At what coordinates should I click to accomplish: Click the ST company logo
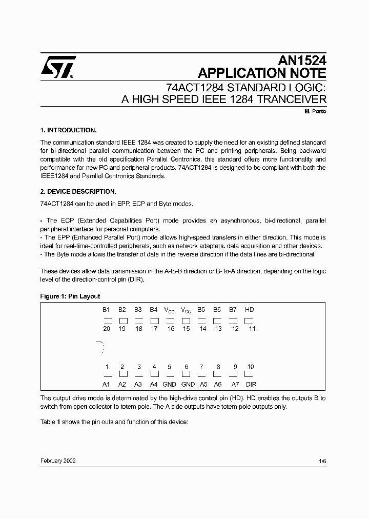pos(58,67)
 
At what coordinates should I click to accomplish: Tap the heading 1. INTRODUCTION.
pos(68,130)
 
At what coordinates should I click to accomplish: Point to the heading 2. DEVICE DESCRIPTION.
pos(78,191)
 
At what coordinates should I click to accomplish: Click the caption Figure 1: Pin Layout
pos(70,296)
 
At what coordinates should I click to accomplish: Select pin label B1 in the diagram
pos(106,310)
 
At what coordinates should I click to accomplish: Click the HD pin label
pos(250,310)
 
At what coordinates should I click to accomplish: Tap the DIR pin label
pos(251,384)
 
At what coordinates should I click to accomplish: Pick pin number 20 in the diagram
pos(107,329)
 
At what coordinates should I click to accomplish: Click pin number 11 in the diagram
pos(252,329)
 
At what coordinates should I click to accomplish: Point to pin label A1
pos(107,384)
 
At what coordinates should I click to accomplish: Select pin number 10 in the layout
pos(251,367)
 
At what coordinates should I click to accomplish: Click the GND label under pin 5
pos(169,384)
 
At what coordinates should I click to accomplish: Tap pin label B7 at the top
pos(233,310)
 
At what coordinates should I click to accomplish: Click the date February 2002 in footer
pos(58,461)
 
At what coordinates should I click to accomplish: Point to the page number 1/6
pos(322,461)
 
